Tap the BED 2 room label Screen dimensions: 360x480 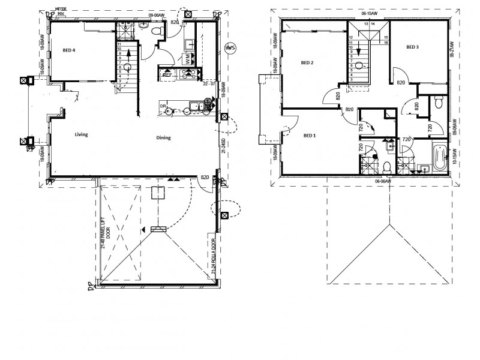[x=308, y=62]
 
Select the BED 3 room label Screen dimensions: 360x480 [x=412, y=47]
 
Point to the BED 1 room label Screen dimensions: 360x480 [x=310, y=136]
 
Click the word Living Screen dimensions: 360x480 [x=82, y=135]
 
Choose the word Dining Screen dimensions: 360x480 [x=163, y=137]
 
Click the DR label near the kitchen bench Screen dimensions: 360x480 [x=163, y=106]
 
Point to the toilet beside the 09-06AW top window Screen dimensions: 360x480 [x=157, y=30]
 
